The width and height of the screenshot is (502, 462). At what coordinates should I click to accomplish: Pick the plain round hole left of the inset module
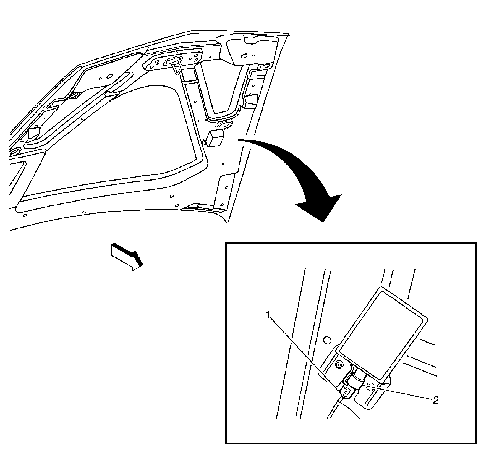point(327,340)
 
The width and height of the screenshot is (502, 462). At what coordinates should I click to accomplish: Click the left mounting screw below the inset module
point(339,365)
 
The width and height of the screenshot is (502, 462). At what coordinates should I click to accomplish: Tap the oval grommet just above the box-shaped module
point(224,125)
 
